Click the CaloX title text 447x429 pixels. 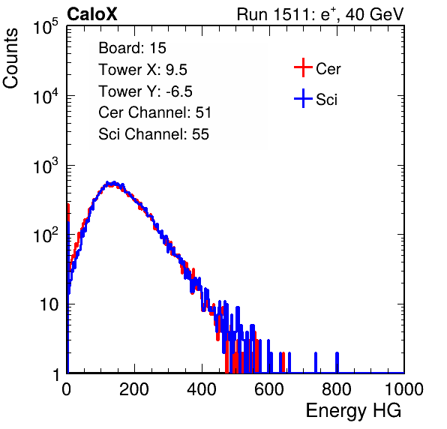tap(92, 14)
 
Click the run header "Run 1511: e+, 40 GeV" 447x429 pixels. tap(320, 14)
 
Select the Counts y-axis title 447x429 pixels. tap(10, 58)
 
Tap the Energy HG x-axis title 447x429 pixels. tap(353, 411)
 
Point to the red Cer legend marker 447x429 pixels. tap(303, 67)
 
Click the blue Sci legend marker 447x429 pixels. tap(303, 98)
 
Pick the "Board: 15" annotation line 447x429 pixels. tap(132, 48)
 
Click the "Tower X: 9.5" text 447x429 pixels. tap(142, 70)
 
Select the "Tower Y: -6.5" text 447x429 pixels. tap(145, 91)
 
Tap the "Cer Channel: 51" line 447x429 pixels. tap(154, 112)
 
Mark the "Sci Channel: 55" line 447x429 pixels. tap(154, 134)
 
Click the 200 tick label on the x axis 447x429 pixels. tap(134, 389)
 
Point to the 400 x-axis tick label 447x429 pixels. tap(202, 389)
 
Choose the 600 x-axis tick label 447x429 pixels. tap(269, 389)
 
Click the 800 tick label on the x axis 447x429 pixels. tap(337, 389)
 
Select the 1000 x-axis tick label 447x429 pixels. tap(404, 389)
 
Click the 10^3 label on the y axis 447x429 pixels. tap(46, 166)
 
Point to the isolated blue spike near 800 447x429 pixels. tap(337, 362)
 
